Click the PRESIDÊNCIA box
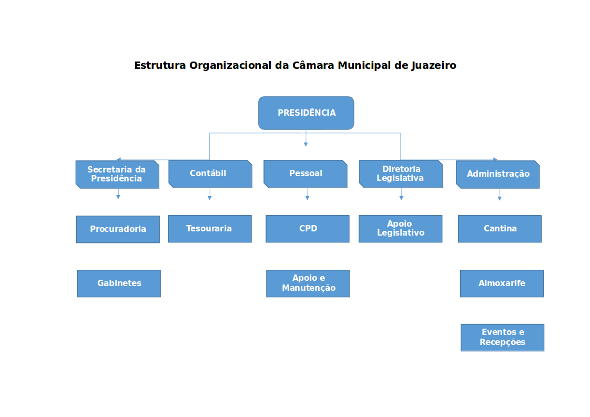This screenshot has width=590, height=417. pos(306,113)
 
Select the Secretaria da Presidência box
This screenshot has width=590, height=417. pos(117,174)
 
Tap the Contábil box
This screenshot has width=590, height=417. pos(210,174)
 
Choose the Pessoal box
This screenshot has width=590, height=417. pos(306,174)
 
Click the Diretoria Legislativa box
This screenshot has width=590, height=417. pos(401,174)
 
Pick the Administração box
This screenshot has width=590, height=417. pos(498,174)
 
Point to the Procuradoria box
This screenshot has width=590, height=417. pos(118,229)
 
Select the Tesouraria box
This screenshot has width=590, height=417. pos(209,229)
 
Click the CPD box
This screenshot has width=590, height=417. pos(308,229)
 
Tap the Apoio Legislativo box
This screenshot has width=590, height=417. pos(400,229)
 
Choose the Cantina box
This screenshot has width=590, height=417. pos(500,229)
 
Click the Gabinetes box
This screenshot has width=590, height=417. pos(119,283)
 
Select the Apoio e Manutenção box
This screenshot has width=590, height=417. pos(308,283)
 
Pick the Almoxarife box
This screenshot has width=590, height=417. pos(502,283)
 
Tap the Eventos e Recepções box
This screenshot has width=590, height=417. pos(502,338)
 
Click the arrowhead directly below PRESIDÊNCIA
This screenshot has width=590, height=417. pos(306,144)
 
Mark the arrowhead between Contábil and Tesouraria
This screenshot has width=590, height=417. pos(209,198)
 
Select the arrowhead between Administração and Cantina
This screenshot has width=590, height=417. pos(500,198)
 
